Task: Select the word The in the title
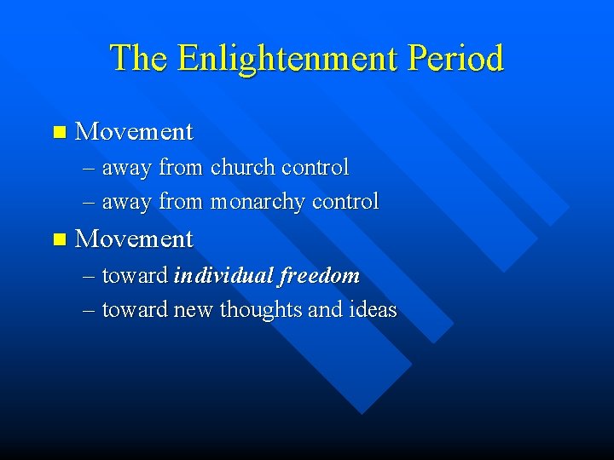coord(139,58)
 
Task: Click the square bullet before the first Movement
coord(58,132)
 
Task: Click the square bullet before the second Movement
coord(58,239)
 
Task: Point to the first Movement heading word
coord(134,132)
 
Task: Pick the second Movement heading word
coord(134,239)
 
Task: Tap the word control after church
coord(315,168)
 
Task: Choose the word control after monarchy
coord(345,202)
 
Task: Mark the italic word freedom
coord(318,276)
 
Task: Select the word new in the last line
coord(194,310)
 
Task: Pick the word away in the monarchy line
coord(126,203)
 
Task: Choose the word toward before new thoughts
coord(135,310)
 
